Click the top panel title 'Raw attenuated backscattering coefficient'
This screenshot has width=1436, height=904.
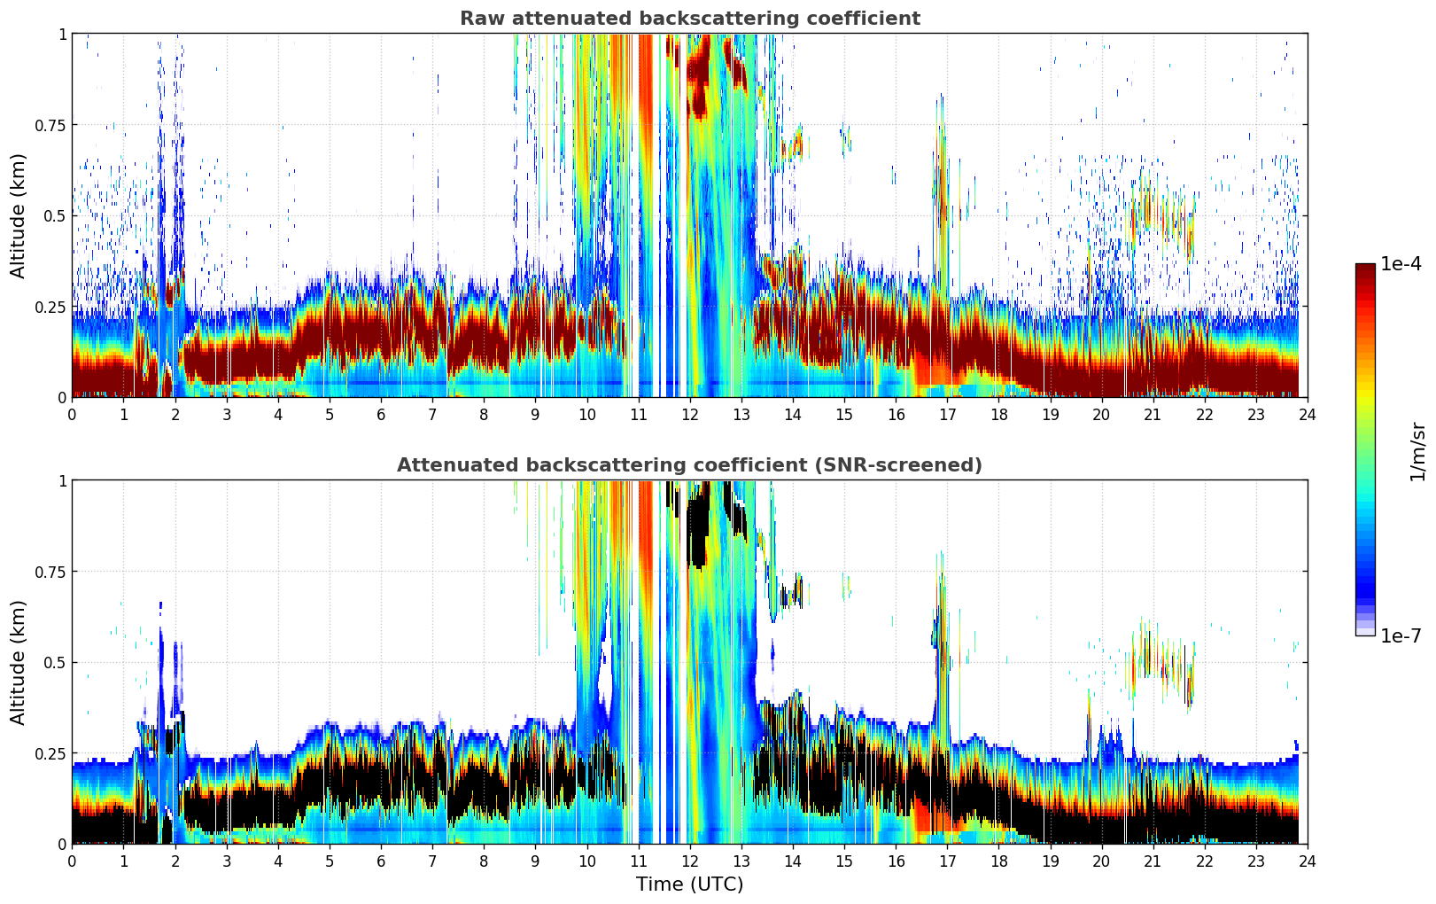click(x=689, y=19)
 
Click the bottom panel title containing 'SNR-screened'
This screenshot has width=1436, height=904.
click(x=689, y=465)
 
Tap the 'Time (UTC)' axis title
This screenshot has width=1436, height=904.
click(x=689, y=885)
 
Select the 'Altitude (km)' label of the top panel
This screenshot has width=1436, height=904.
click(x=19, y=215)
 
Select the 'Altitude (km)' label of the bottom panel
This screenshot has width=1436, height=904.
click(x=19, y=662)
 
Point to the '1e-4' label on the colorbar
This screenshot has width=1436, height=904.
click(x=1401, y=264)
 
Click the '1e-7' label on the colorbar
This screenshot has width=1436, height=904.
click(x=1401, y=635)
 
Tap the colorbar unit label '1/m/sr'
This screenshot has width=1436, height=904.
click(x=1417, y=451)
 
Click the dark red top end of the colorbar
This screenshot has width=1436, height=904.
click(x=1365, y=267)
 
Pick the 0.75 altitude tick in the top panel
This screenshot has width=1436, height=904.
click(x=50, y=125)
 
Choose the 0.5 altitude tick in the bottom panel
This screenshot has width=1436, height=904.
click(x=55, y=662)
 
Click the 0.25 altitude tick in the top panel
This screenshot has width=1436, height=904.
click(x=50, y=307)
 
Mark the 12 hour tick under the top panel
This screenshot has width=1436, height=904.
click(x=689, y=414)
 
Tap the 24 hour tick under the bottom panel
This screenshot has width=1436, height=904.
click(x=1308, y=861)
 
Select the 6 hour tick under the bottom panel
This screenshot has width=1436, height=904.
click(x=381, y=861)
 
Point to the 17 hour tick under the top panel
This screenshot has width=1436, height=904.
click(x=947, y=414)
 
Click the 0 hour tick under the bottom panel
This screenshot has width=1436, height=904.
click(x=72, y=861)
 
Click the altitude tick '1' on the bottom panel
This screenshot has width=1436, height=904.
click(x=62, y=480)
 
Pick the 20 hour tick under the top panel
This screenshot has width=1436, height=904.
click(x=1101, y=414)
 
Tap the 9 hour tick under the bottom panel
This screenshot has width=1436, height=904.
click(x=535, y=861)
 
